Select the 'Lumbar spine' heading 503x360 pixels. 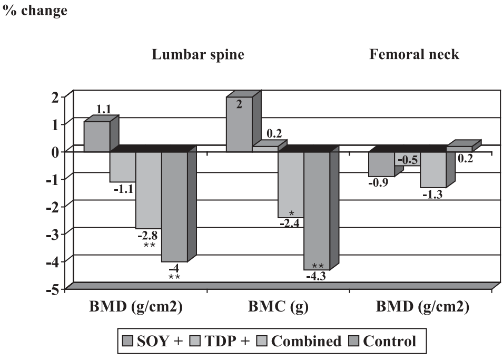198,55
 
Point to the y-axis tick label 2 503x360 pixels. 54,96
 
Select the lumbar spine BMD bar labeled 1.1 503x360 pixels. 97,137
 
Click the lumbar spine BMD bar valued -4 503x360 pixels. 174,207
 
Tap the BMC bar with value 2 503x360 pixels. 239,124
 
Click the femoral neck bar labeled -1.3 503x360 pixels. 433,170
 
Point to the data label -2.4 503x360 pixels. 291,223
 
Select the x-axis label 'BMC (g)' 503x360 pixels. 278,307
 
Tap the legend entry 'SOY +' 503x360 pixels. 152,341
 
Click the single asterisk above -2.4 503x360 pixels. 291,214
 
